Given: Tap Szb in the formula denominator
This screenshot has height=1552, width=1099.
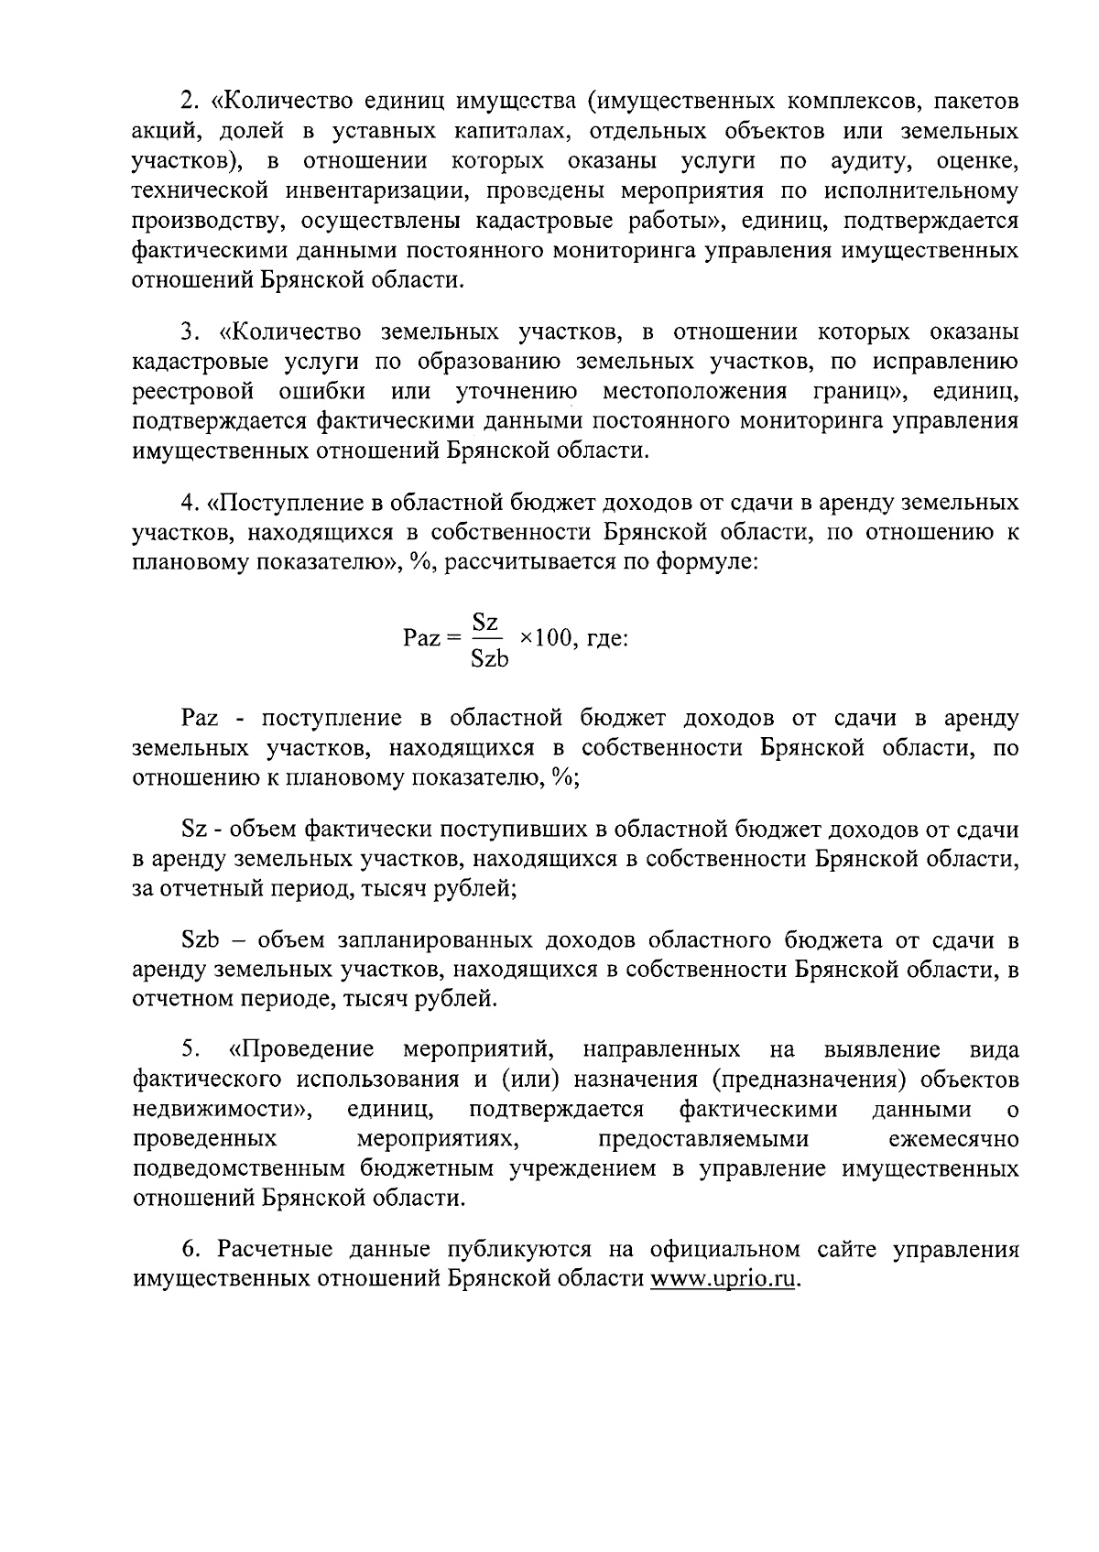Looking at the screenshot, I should (x=489, y=658).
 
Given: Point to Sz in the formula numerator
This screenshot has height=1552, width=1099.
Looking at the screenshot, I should (x=484, y=623).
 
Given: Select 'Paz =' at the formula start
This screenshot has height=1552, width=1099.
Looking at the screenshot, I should (x=430, y=638).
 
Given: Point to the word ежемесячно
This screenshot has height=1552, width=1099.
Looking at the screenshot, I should (x=953, y=1139).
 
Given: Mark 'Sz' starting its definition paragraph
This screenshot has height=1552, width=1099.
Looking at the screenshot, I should (x=194, y=830).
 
